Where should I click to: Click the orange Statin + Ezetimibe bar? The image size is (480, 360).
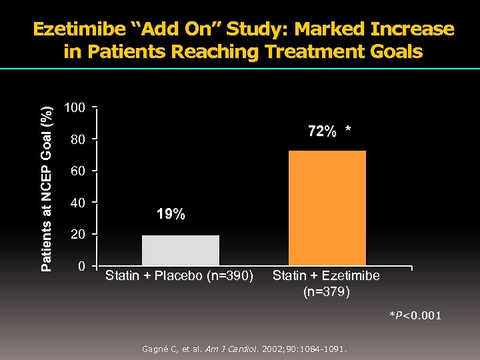327,209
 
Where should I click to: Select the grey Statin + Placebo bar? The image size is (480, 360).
180,251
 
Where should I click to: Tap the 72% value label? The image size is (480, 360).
322,132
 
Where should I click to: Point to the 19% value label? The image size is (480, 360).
171,214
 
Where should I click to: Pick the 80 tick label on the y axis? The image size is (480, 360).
79,140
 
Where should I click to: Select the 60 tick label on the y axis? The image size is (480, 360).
79,172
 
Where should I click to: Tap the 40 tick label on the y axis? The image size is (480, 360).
79,203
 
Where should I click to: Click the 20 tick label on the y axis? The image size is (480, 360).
79,235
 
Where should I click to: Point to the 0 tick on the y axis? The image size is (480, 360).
81,267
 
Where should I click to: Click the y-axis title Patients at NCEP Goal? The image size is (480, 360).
46,180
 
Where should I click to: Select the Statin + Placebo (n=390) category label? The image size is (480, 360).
179,276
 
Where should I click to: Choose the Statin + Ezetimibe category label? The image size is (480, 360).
326,276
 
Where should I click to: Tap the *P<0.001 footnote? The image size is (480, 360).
415,315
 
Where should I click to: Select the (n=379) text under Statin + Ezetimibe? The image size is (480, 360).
326,291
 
